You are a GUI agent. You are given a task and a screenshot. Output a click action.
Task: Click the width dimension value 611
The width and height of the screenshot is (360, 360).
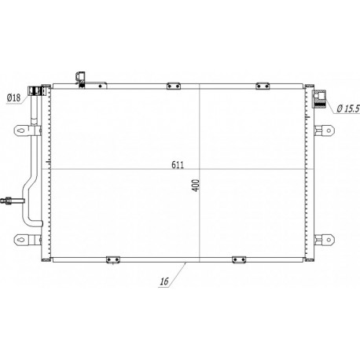tap(178, 165)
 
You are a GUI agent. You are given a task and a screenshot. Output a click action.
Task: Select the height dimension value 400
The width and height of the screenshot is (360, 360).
tap(196, 186)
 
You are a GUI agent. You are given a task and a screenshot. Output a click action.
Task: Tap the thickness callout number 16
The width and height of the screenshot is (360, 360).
tap(164, 281)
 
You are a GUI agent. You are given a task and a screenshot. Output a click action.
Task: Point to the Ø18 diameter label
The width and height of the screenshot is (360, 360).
tap(13, 97)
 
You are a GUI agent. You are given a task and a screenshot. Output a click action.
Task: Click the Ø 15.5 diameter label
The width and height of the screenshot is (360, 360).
tap(348, 108)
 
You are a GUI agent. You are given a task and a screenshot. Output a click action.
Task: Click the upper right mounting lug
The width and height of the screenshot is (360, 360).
tap(325, 130)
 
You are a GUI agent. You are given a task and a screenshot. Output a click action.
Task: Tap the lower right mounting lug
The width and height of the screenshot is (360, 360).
tap(325, 240)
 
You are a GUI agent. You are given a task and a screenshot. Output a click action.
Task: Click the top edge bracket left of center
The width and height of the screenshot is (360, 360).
tap(174, 86)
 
